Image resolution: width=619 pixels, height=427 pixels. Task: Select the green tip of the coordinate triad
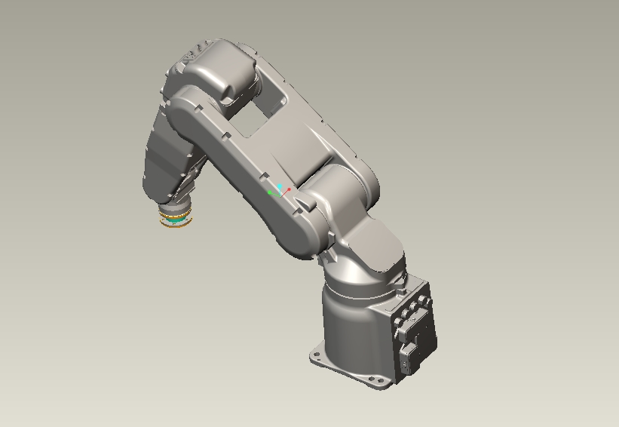(x=271, y=193)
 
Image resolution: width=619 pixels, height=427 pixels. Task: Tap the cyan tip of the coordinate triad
(x=280, y=186)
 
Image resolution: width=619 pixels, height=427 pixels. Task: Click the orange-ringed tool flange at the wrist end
(x=174, y=220)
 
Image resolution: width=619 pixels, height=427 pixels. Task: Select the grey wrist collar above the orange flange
(x=176, y=207)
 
